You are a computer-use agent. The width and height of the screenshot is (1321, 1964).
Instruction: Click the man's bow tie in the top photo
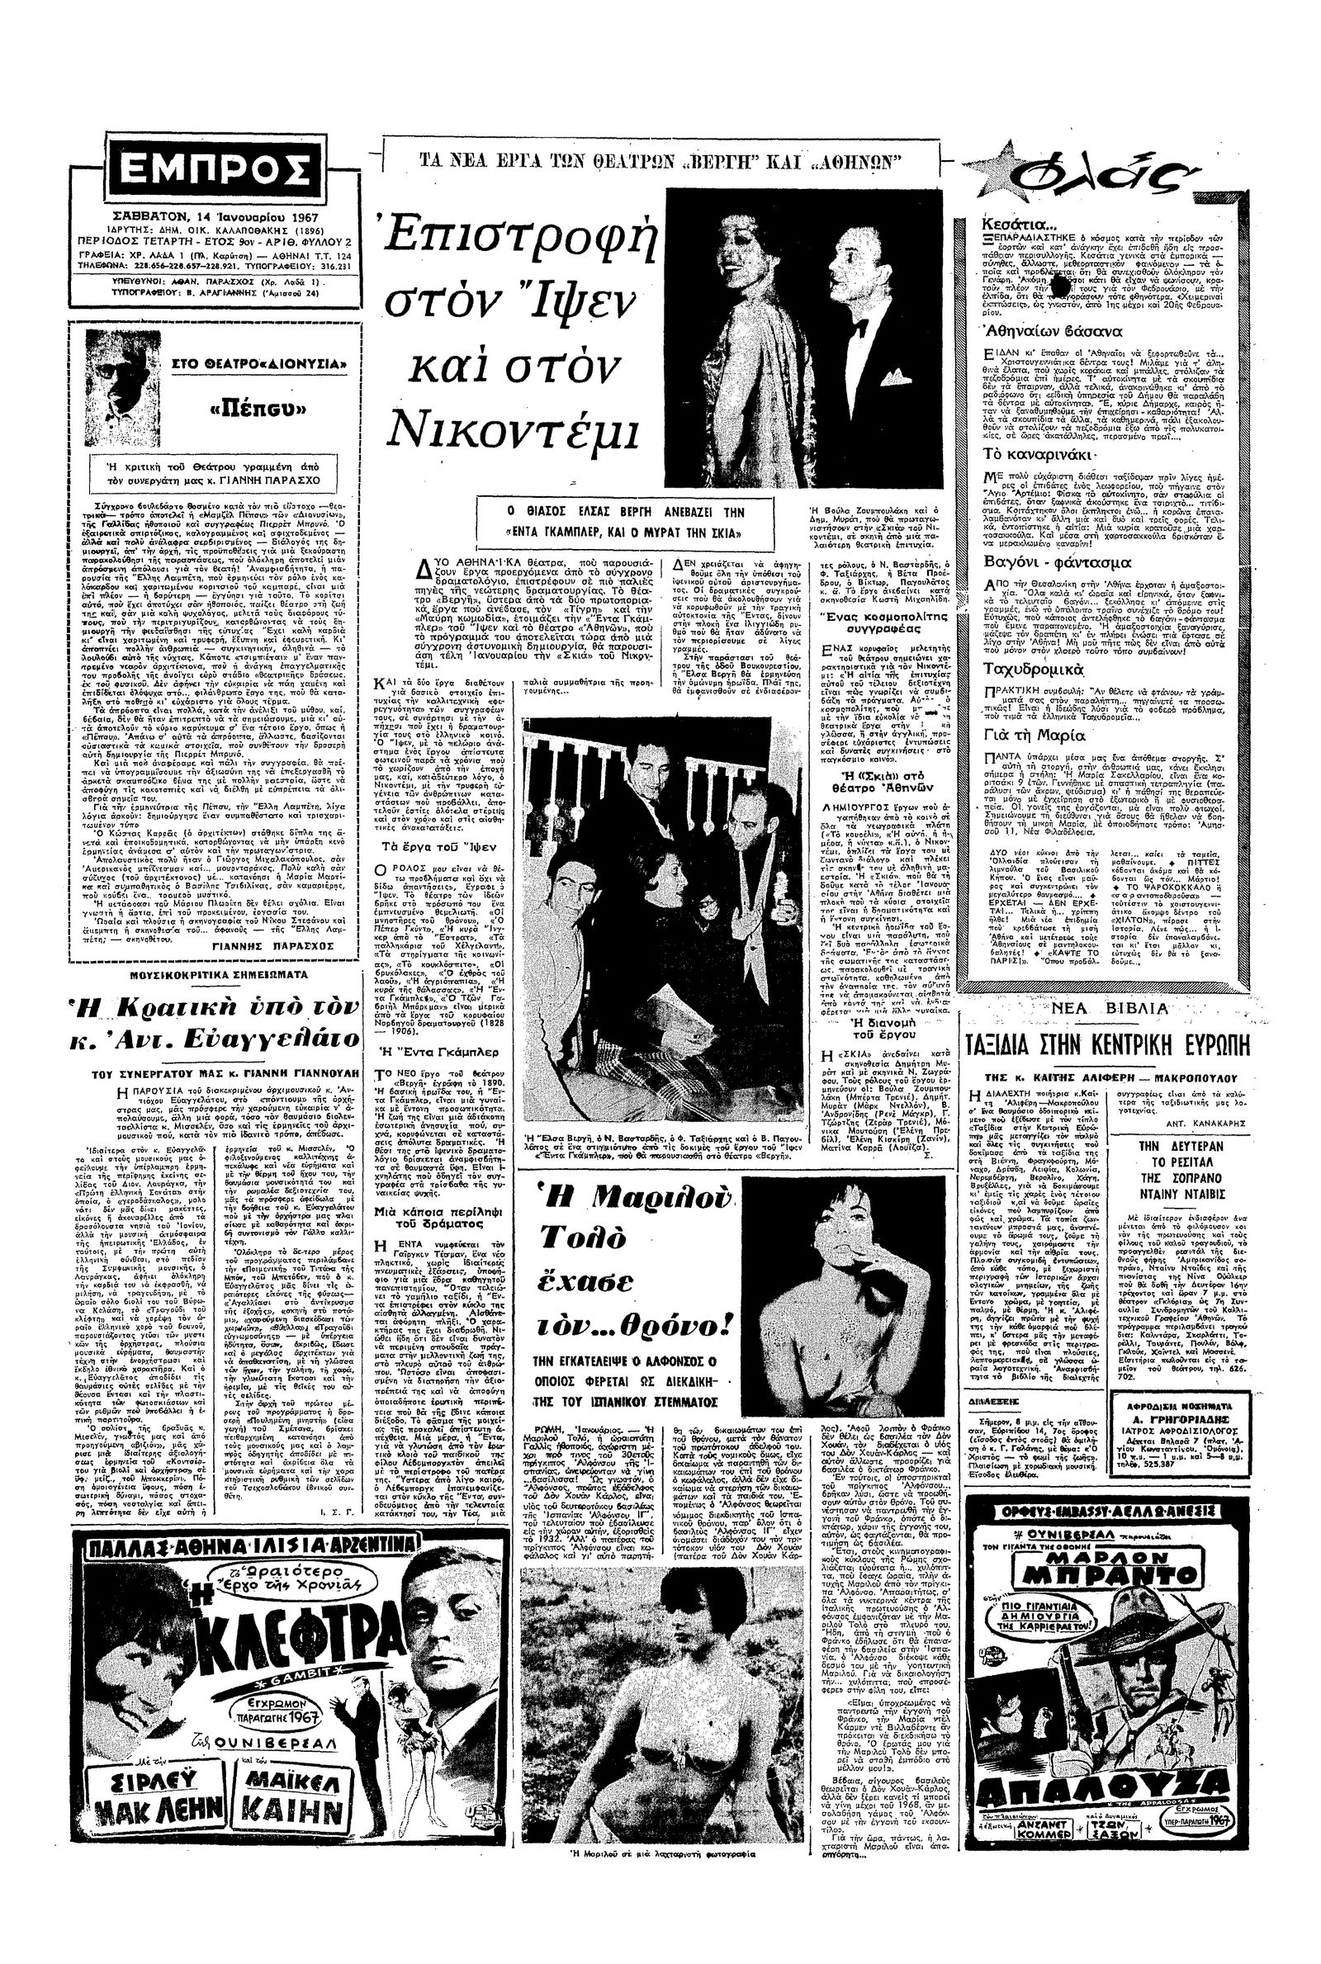coord(859,325)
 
